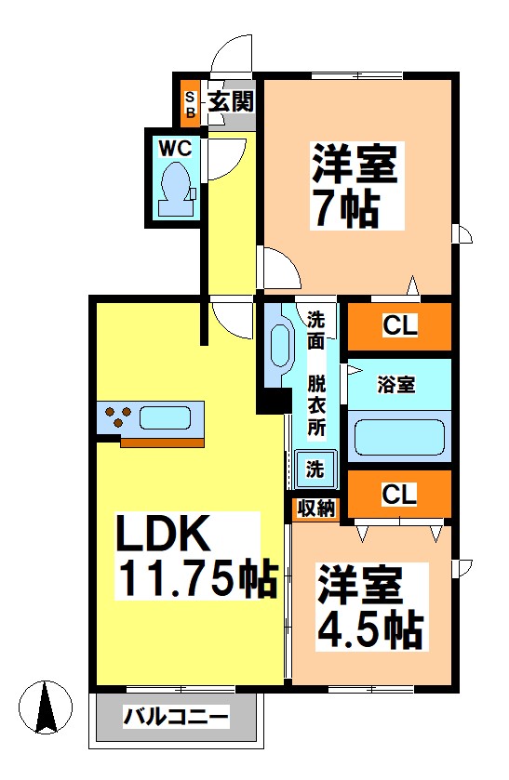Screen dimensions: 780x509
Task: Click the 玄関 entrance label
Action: [x=230, y=101]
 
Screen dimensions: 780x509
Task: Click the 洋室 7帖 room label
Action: [x=355, y=187]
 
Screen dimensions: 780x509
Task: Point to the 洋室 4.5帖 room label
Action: [x=370, y=609]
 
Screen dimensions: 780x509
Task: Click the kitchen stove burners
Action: [x=117, y=416]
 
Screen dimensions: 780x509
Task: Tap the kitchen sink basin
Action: [x=166, y=416]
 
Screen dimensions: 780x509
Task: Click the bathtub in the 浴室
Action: [x=398, y=436]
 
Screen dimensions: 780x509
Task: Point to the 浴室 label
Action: [x=395, y=383]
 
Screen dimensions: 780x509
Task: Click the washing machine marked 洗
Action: [x=315, y=469]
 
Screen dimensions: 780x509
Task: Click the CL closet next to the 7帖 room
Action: [x=399, y=326]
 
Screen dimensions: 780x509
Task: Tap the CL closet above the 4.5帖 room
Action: [x=399, y=494]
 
